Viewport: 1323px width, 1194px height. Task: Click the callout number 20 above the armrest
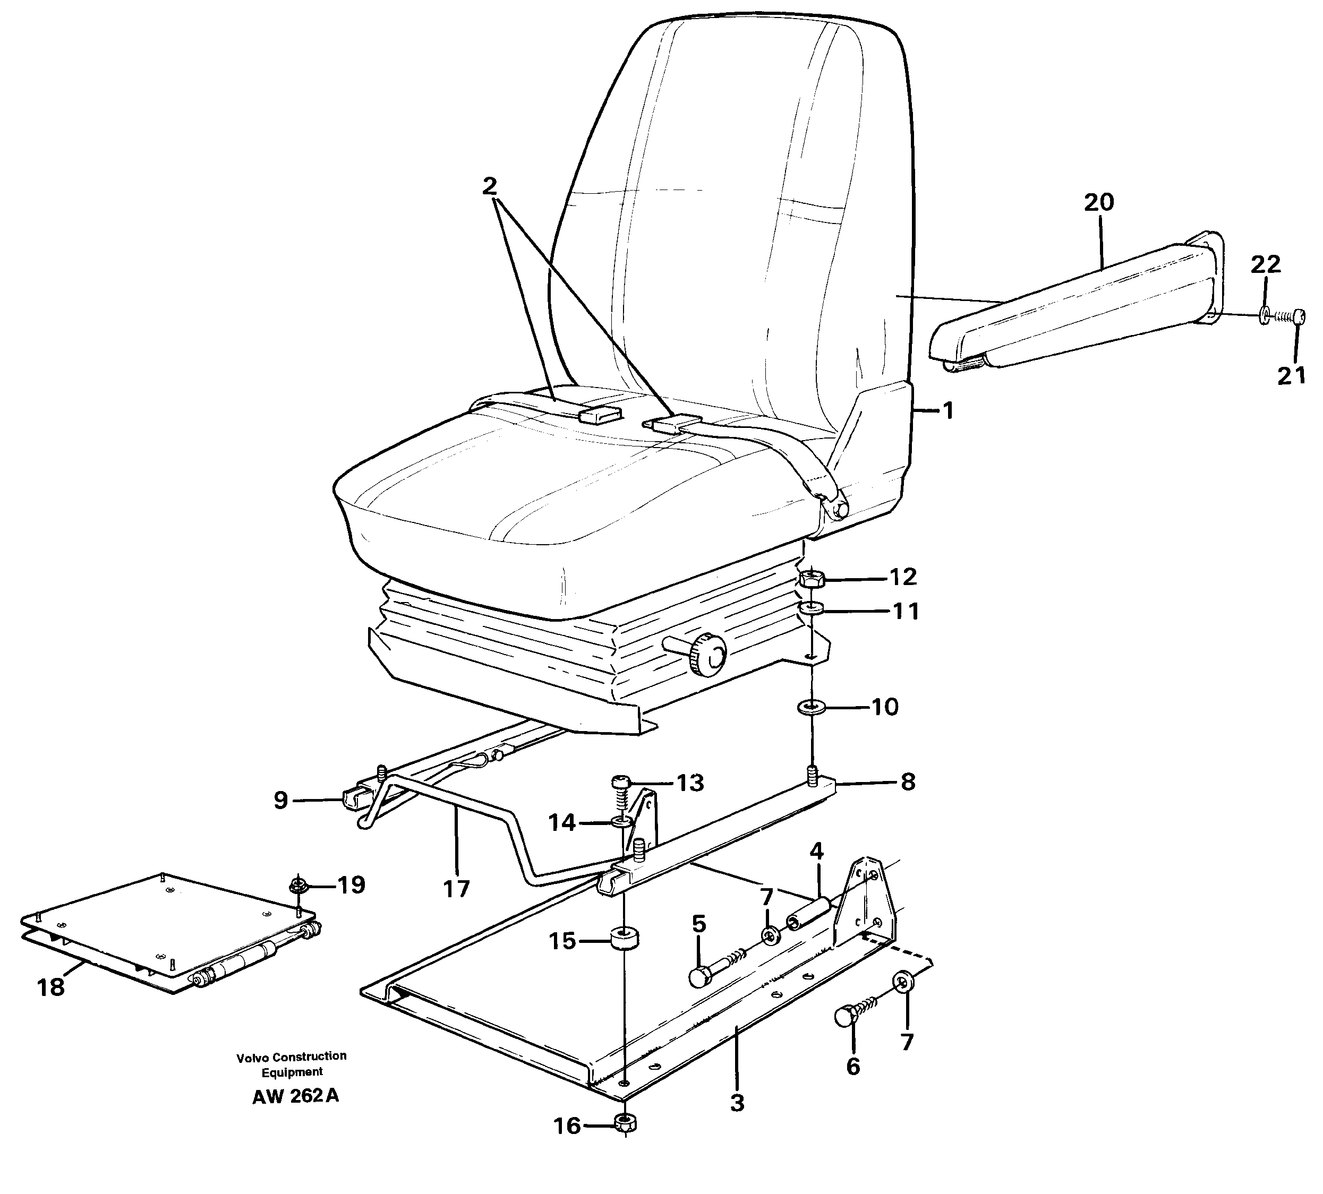1098,203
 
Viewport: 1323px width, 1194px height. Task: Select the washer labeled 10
812,707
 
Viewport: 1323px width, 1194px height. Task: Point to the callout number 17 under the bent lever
457,888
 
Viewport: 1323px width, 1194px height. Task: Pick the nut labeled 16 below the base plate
625,1124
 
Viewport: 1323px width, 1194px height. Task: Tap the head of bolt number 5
700,977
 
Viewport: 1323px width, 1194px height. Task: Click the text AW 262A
295,1096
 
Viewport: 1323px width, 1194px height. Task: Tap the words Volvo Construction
292,1056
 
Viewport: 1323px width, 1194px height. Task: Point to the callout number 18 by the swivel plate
50,987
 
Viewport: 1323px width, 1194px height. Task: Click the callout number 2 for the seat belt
489,187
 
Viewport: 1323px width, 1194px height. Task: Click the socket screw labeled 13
621,782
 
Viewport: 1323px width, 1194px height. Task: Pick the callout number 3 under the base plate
737,1103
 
